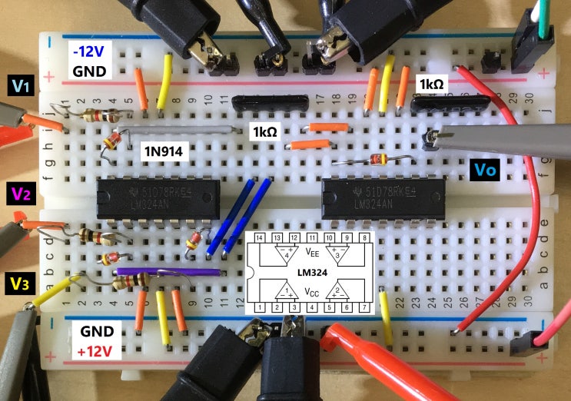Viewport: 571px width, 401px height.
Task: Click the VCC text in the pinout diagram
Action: tap(311, 291)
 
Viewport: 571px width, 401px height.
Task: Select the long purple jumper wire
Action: tap(169, 271)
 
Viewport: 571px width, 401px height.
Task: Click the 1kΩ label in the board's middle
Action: tap(264, 131)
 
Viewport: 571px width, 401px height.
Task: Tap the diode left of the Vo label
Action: tap(370, 160)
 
